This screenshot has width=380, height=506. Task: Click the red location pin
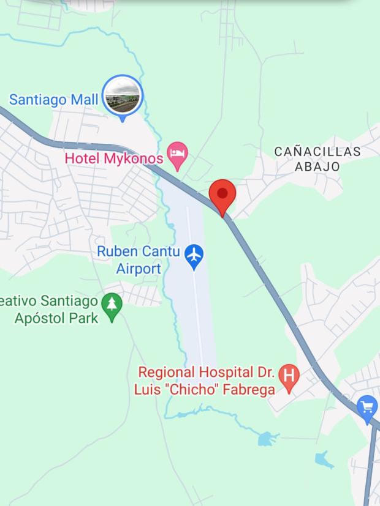point(222,195)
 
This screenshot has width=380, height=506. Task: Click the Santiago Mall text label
point(55,99)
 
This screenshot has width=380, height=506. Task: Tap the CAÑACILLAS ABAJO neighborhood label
point(317,158)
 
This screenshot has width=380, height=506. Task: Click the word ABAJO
point(317,166)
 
